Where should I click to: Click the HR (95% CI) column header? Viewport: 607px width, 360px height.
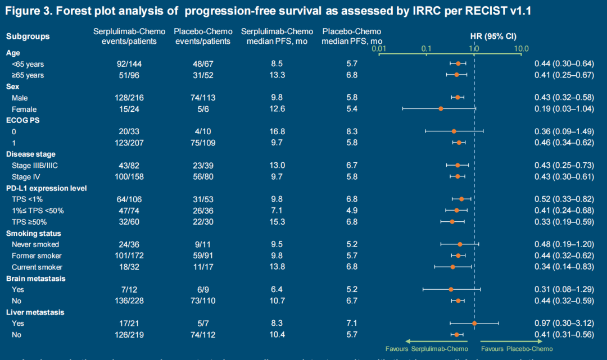coord(493,37)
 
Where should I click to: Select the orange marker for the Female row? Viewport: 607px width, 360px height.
coord(441,108)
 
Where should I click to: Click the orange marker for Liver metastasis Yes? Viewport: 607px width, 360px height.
coord(474,323)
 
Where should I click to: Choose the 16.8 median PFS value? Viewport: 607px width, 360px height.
coord(278,131)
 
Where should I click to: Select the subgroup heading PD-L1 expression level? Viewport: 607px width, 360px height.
coord(46,188)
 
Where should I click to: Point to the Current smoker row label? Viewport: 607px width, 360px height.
coord(37,267)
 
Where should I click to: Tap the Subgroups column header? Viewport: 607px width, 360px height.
coord(28,37)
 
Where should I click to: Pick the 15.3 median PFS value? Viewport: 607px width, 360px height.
coord(278,222)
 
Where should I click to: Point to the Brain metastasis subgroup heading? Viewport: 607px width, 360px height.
coord(35,278)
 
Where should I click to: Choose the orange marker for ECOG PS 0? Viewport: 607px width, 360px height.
coord(454,131)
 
